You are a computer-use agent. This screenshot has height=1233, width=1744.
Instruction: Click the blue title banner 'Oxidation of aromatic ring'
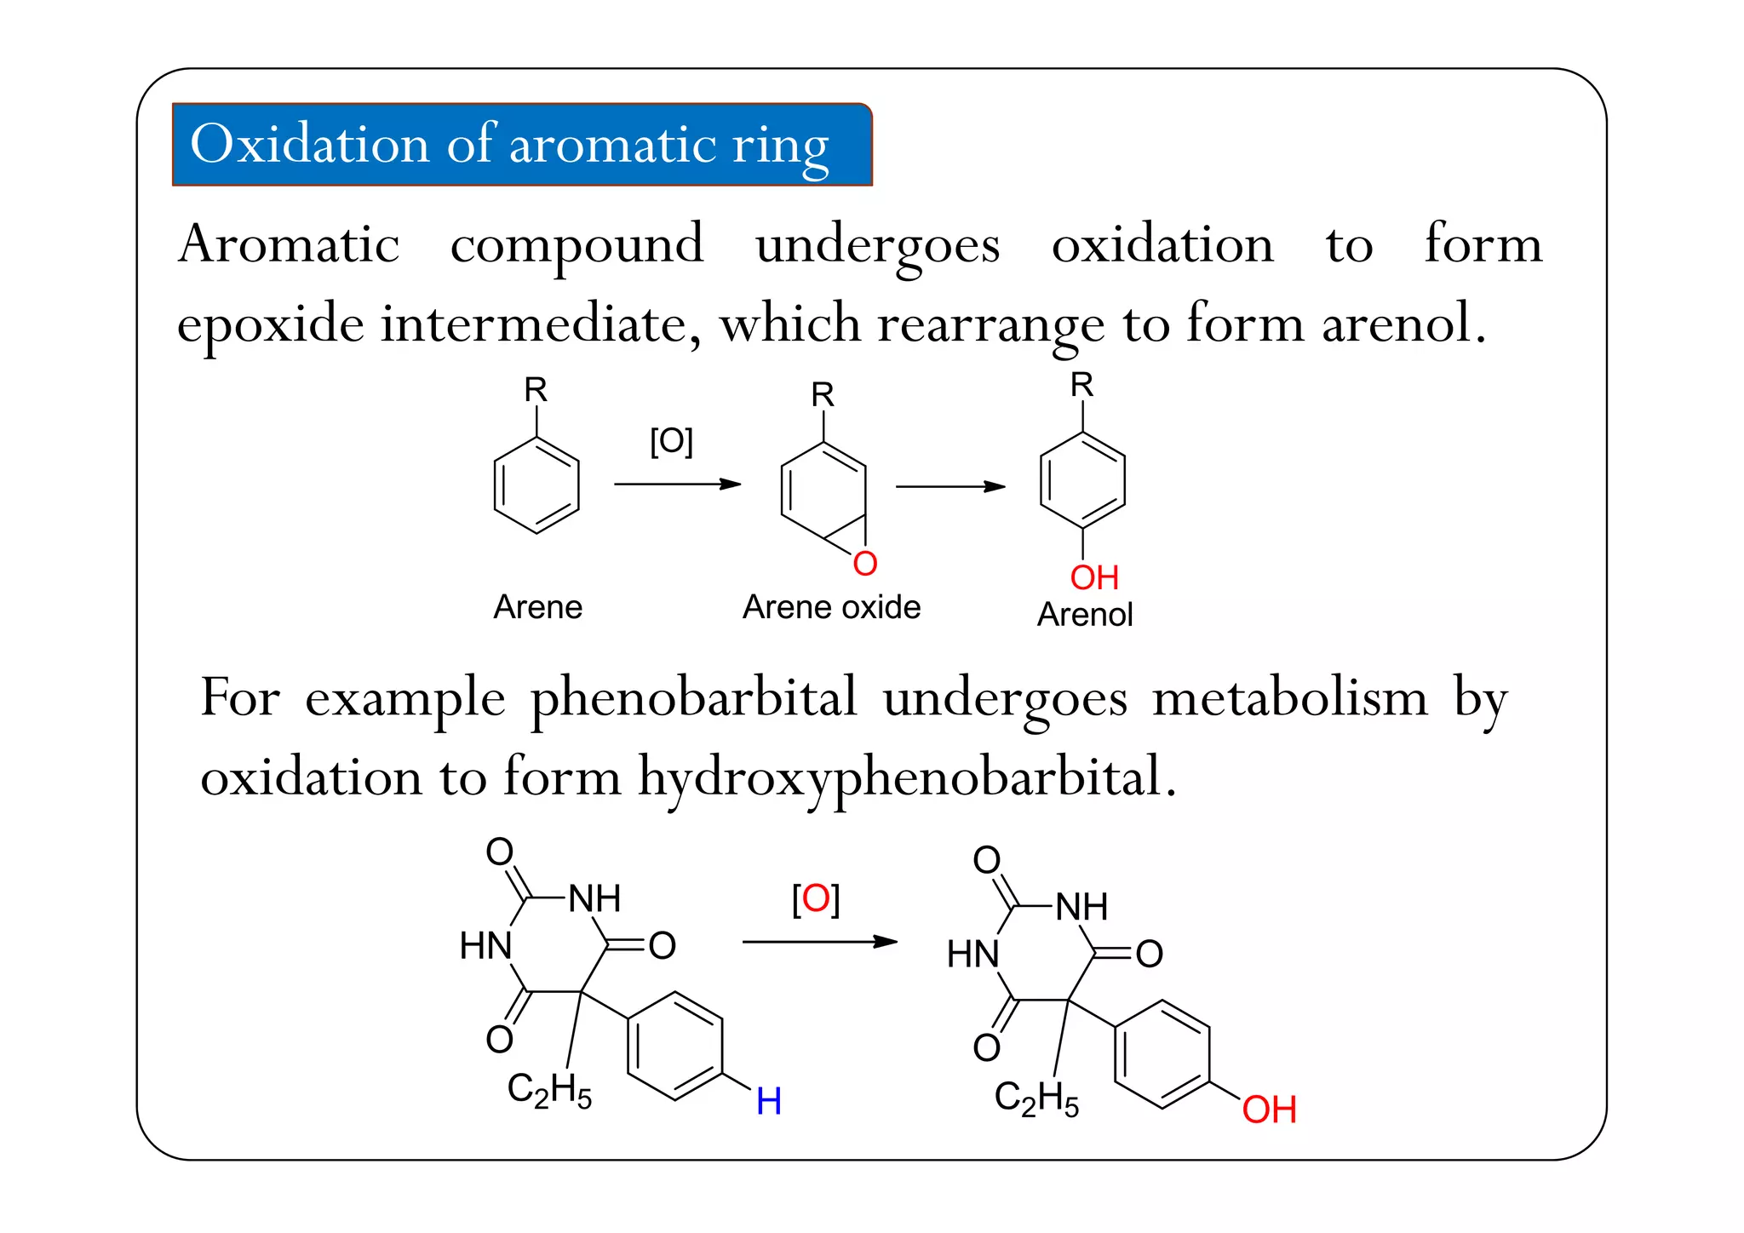point(521,144)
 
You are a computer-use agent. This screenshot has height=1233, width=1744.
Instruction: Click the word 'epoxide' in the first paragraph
point(270,324)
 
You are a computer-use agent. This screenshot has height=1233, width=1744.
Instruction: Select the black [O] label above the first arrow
point(671,441)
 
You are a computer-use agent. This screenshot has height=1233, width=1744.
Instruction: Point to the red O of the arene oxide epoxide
point(864,564)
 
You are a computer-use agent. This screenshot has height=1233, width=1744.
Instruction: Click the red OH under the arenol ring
point(1093,577)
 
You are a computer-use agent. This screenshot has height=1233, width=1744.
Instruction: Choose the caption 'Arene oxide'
point(831,607)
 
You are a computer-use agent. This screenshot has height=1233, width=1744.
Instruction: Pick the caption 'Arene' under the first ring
point(537,607)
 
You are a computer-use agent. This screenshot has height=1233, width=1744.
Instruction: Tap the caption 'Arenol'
point(1084,614)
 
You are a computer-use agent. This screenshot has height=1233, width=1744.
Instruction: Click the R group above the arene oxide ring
point(822,395)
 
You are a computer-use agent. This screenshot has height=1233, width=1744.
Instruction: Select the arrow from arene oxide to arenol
point(949,487)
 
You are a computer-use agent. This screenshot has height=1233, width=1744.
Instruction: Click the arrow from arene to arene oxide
point(677,485)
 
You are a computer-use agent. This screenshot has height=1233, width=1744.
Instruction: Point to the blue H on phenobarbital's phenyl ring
point(768,1101)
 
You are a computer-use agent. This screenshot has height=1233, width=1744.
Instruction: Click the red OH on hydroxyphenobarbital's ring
point(1268,1110)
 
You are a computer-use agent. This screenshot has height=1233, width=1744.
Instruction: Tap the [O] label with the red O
point(815,898)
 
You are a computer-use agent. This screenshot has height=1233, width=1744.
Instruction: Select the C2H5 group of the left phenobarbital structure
point(549,1090)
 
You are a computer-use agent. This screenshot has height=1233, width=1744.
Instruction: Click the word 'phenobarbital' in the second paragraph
point(693,698)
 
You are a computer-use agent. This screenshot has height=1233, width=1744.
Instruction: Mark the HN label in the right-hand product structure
point(972,954)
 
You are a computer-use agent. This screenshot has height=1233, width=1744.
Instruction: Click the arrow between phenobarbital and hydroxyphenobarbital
point(819,942)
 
